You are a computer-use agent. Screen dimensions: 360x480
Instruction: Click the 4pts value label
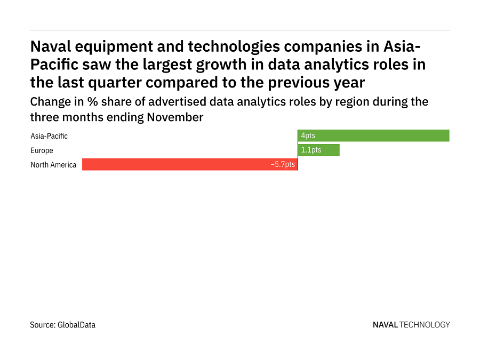[308, 136]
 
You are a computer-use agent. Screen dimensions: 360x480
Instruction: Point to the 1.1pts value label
[311, 150]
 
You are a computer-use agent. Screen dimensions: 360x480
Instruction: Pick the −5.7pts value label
[283, 165]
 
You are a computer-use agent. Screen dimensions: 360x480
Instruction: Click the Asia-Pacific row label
[49, 136]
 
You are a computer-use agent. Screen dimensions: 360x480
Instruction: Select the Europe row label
[42, 150]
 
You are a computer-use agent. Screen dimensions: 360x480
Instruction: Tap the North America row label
[53, 165]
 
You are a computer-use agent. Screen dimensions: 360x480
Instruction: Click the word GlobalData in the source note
[76, 324]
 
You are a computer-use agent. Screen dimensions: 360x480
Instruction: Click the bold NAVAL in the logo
[385, 324]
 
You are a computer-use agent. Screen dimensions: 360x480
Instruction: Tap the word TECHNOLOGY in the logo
[425, 324]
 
